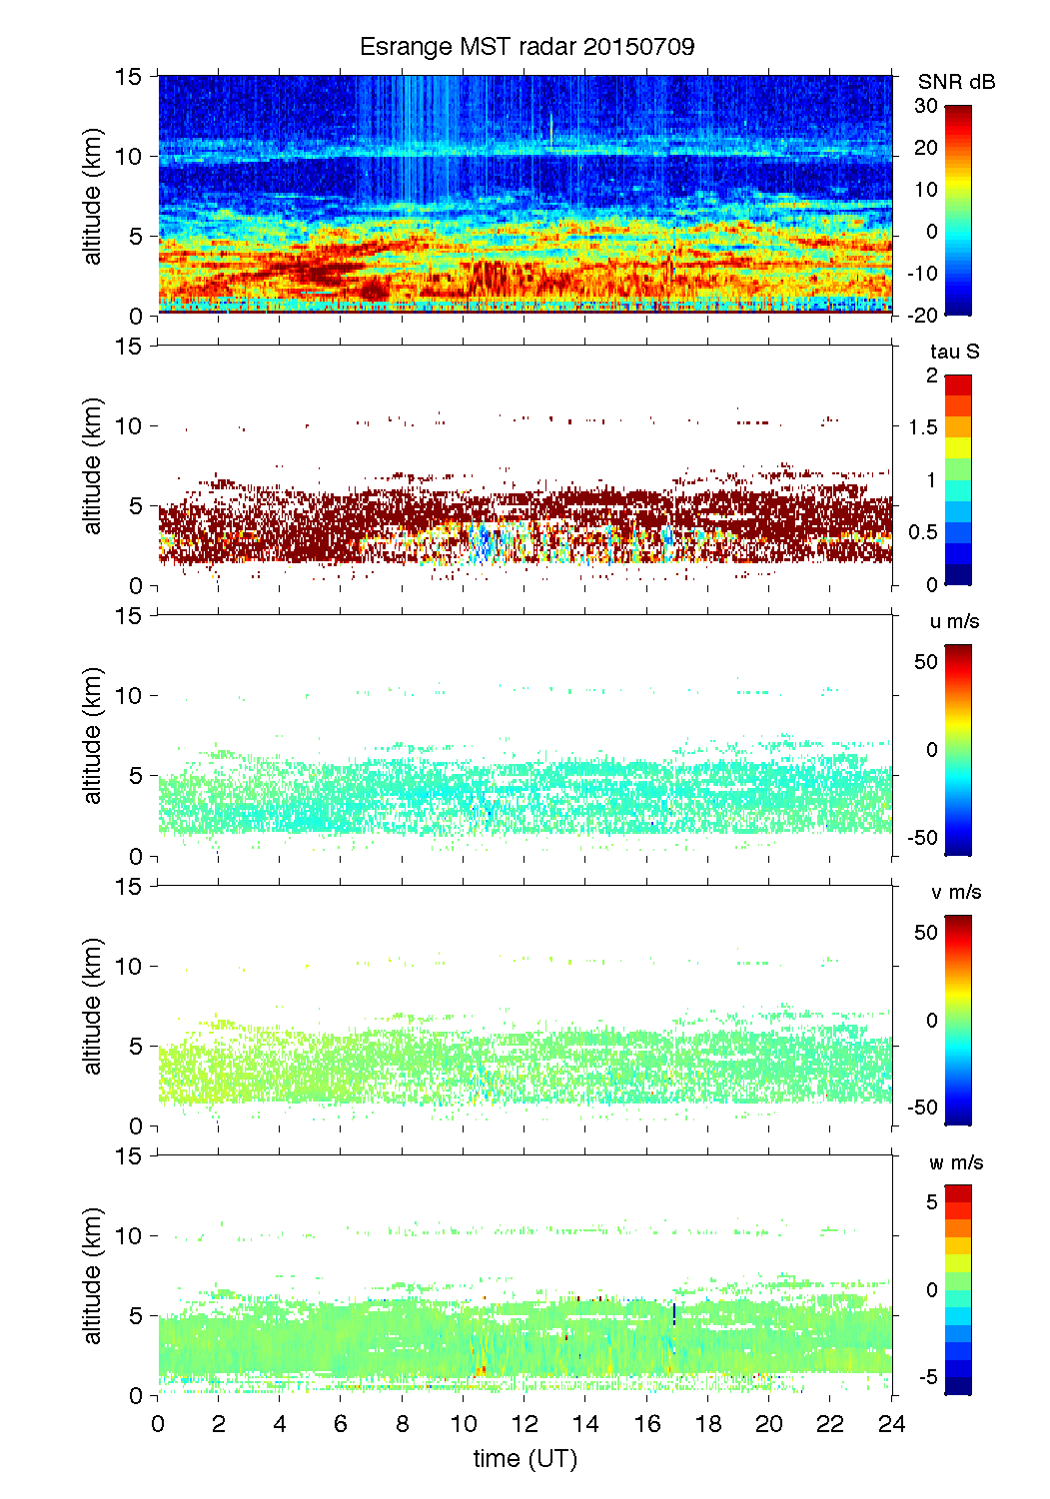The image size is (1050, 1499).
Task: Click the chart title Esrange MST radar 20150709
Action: click(x=526, y=47)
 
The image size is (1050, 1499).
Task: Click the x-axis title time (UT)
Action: click(x=525, y=1459)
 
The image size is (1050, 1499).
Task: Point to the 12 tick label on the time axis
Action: click(x=525, y=1424)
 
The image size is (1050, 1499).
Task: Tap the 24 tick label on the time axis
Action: click(x=891, y=1424)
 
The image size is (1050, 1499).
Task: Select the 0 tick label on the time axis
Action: click(x=158, y=1424)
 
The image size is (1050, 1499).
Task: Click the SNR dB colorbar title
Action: click(x=956, y=82)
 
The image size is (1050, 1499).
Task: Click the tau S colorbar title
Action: click(x=954, y=352)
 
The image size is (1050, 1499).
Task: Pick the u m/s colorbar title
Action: click(x=954, y=622)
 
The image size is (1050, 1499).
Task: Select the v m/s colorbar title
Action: click(x=954, y=893)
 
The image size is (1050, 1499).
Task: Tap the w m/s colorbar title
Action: click(x=956, y=1163)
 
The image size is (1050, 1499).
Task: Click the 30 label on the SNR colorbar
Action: click(x=926, y=106)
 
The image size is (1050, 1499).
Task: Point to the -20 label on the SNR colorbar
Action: click(x=922, y=316)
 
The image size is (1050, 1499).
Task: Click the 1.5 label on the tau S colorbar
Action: click(x=923, y=427)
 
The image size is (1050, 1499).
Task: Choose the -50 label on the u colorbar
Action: click(x=922, y=838)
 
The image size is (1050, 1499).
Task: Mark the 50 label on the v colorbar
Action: click(x=926, y=933)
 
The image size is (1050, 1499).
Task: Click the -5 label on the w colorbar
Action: click(x=927, y=1378)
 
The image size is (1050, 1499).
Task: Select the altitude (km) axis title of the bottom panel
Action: click(x=93, y=1275)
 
